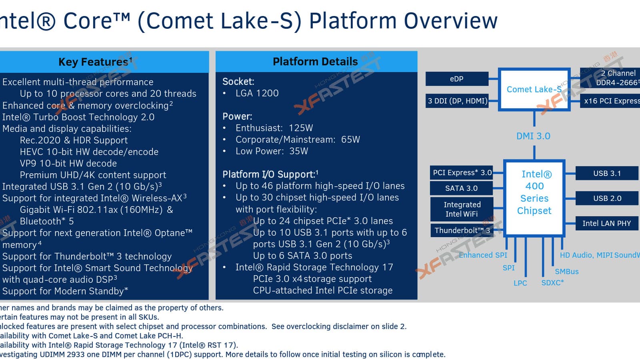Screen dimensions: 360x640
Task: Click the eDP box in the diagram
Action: (x=456, y=79)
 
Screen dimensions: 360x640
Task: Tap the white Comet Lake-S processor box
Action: (x=534, y=89)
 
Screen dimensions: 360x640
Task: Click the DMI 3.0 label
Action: (x=533, y=136)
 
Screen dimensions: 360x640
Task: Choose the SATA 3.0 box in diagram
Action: (x=461, y=188)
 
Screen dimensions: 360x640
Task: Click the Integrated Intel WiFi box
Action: (x=462, y=209)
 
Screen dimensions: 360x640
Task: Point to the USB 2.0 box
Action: (x=607, y=198)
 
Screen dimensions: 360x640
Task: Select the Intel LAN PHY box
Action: (x=606, y=223)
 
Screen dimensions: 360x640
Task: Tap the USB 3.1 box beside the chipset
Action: (x=607, y=173)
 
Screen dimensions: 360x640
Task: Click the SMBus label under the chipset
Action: (x=566, y=272)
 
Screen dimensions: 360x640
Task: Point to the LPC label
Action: (x=520, y=283)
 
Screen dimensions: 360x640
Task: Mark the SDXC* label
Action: (x=552, y=283)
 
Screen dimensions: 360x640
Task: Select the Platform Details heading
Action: (x=315, y=62)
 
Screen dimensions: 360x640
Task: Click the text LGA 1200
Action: (x=257, y=93)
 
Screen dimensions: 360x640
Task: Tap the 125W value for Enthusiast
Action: (x=301, y=128)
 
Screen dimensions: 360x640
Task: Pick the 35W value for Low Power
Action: (x=298, y=151)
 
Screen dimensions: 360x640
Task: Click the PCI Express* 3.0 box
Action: (x=462, y=173)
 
